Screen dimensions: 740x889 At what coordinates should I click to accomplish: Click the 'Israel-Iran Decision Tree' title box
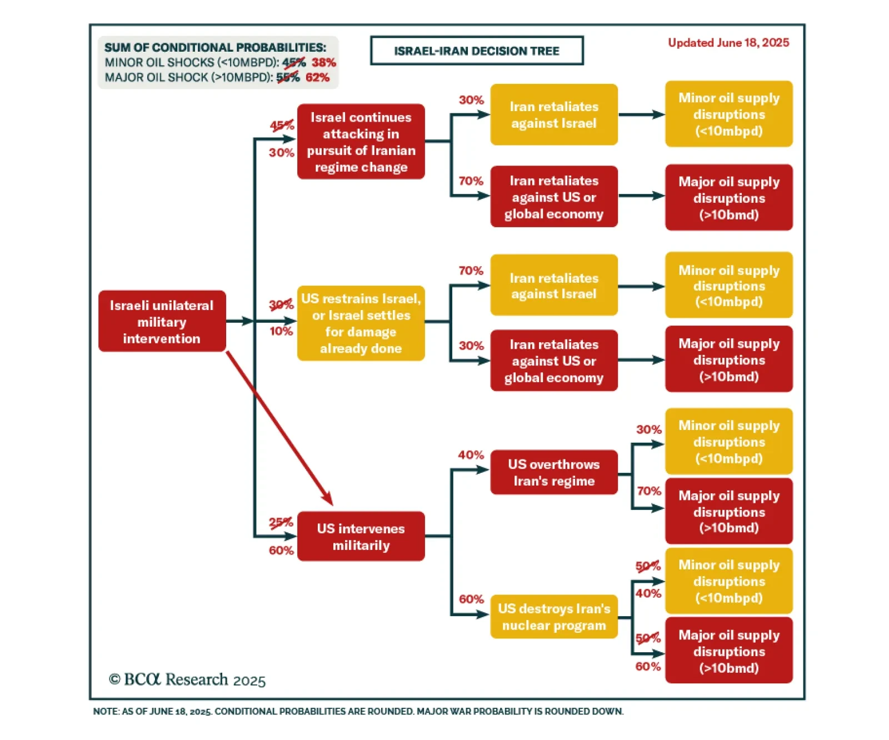click(x=477, y=51)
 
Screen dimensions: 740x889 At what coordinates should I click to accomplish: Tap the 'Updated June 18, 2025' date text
click(x=728, y=43)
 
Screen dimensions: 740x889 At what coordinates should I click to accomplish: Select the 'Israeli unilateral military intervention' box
click(x=162, y=322)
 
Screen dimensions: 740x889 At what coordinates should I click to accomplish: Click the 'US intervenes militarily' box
click(x=361, y=537)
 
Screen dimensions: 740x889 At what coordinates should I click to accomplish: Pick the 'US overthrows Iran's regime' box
click(x=553, y=473)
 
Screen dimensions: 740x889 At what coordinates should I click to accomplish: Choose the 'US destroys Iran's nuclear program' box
click(x=553, y=617)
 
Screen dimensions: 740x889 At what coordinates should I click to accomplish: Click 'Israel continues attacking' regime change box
click(x=361, y=142)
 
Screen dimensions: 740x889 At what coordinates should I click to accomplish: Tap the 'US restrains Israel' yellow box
click(x=361, y=323)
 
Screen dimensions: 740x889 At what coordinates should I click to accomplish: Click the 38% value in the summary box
click(x=323, y=62)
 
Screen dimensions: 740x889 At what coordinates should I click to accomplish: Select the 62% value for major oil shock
click(x=317, y=77)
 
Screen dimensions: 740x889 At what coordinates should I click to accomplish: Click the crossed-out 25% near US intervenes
click(x=281, y=522)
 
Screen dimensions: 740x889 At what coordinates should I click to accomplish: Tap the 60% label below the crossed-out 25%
click(x=281, y=551)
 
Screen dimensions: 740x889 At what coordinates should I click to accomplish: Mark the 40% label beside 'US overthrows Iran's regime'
click(x=471, y=455)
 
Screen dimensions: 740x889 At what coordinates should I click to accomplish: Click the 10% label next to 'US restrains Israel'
click(x=281, y=332)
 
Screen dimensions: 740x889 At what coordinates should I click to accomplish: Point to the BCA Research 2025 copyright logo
click(x=187, y=679)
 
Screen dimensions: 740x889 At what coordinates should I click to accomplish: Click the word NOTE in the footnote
click(x=106, y=712)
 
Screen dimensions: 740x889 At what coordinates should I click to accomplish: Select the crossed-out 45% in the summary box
click(x=294, y=62)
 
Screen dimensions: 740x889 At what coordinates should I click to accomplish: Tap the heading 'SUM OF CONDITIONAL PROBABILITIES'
click(x=215, y=48)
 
